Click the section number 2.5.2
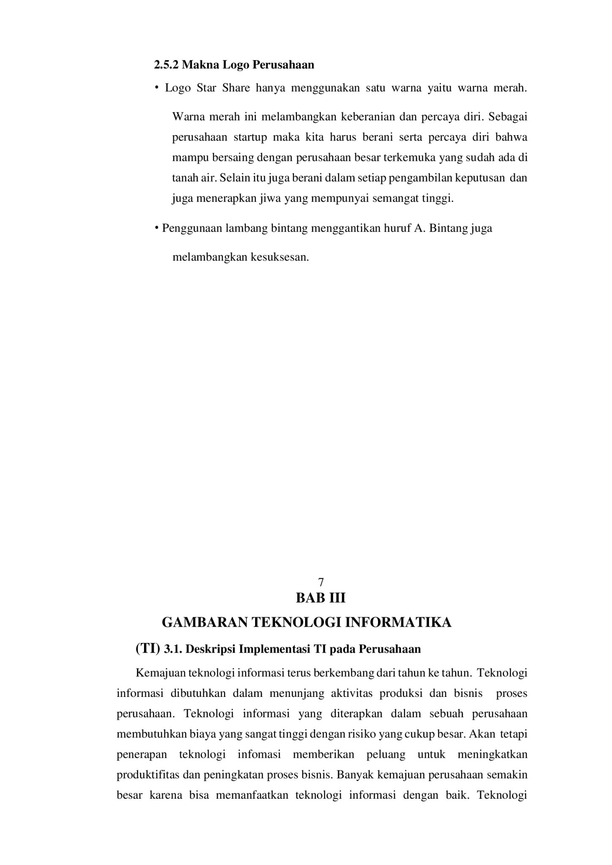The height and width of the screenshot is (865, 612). tap(166, 65)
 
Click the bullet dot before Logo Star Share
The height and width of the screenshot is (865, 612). tap(156, 88)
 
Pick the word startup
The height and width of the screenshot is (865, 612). tap(250, 137)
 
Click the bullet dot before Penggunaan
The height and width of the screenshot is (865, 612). tap(157, 229)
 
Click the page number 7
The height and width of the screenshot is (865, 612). tap(321, 582)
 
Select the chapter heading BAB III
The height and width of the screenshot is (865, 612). tap(321, 598)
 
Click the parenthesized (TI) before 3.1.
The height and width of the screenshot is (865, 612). tap(148, 648)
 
